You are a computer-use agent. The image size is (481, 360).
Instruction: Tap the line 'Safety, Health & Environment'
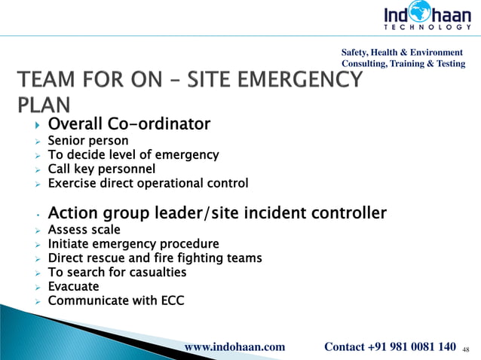tap(403, 52)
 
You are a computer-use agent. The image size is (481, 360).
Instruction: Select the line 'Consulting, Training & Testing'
tap(403, 64)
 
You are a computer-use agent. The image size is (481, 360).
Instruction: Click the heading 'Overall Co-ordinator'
tap(129, 124)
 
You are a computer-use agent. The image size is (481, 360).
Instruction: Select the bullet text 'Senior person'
tap(88, 141)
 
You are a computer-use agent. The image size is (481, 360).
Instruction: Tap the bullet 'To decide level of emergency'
tap(133, 155)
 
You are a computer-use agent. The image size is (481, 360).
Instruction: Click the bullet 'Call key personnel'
tap(102, 169)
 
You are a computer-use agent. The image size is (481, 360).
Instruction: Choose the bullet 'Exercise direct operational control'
tap(148, 183)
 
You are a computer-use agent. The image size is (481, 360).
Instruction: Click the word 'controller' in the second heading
tap(346, 213)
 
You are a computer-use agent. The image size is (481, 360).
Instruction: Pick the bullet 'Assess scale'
tap(84, 230)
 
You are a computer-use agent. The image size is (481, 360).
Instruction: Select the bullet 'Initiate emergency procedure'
tap(133, 244)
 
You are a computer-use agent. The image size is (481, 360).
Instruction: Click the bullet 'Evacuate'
tap(73, 287)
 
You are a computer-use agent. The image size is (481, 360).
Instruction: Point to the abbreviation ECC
tap(171, 301)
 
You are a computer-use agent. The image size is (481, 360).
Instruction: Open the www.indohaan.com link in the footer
tap(235, 347)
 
